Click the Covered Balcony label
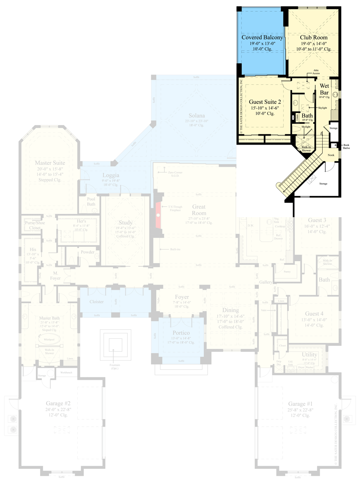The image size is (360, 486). (x=262, y=37)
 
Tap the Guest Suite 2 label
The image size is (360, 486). (x=265, y=102)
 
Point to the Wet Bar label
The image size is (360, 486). (x=325, y=89)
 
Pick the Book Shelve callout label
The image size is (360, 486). (x=346, y=145)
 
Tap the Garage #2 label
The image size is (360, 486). (x=58, y=404)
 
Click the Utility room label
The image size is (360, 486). (x=310, y=355)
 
